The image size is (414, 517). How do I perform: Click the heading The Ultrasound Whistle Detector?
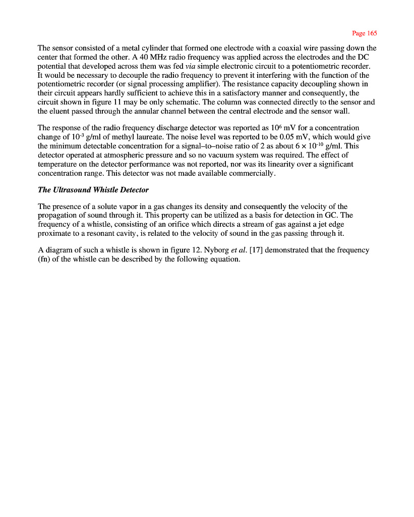[x=93, y=190]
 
